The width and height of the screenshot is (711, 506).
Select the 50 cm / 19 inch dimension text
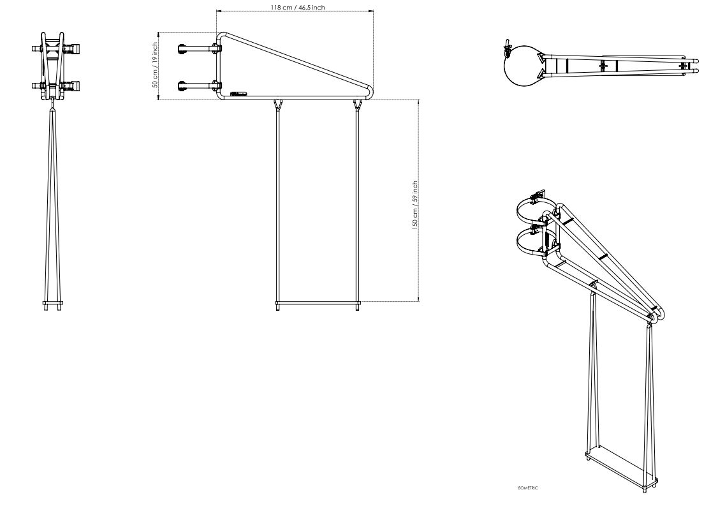(x=155, y=65)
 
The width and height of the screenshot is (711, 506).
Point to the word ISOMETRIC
(x=527, y=488)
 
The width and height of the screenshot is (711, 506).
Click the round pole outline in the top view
(x=521, y=64)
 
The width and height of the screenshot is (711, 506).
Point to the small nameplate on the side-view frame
(x=238, y=94)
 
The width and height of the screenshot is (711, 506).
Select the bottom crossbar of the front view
(x=53, y=303)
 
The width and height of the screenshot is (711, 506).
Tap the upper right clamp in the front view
(x=72, y=48)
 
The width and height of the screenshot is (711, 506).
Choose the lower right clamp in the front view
(x=72, y=85)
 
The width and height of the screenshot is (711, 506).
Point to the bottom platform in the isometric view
(x=621, y=469)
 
